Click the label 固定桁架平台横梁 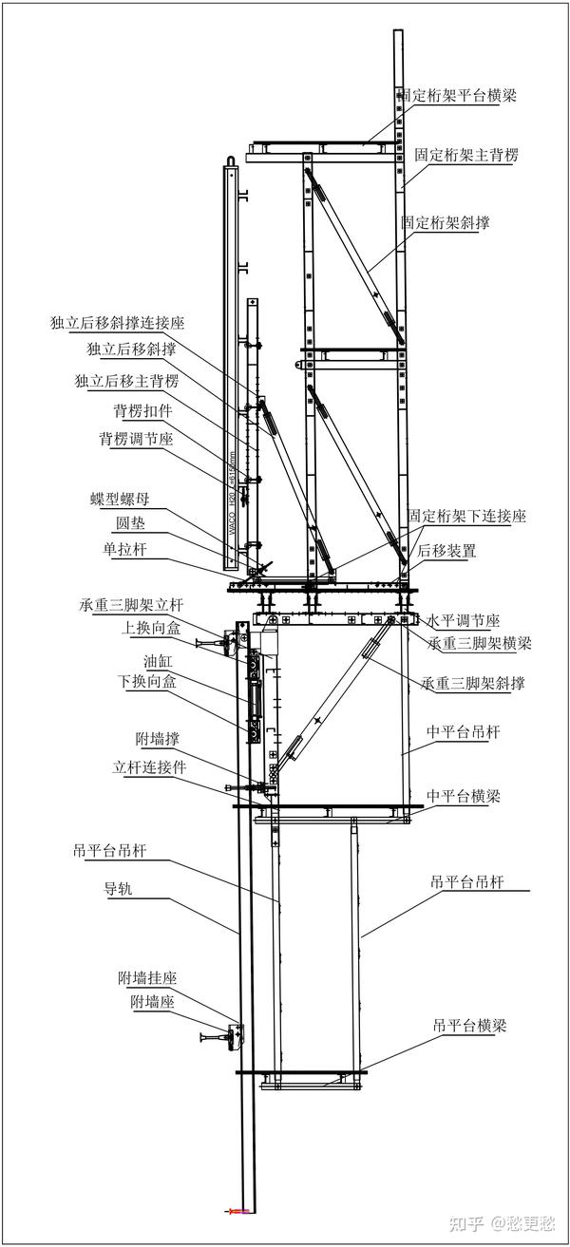pyautogui.click(x=457, y=95)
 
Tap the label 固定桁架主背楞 pyautogui.click(x=466, y=154)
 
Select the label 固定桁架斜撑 pyautogui.click(x=450, y=222)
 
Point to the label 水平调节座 pyautogui.click(x=463, y=621)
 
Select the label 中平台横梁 pyautogui.click(x=464, y=796)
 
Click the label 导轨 pyautogui.click(x=121, y=890)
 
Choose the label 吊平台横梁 pyautogui.click(x=469, y=1027)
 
